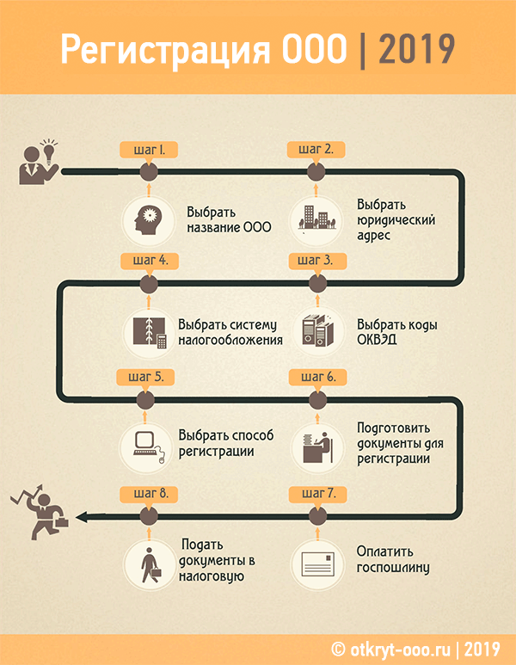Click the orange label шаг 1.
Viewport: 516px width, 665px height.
point(149,150)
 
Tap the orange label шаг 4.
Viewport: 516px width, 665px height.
point(150,261)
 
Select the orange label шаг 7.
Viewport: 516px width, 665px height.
point(318,494)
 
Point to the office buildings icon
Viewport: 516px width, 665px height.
point(316,219)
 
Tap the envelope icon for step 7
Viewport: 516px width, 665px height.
point(317,564)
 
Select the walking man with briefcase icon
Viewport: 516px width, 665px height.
point(150,564)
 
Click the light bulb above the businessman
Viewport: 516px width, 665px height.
point(49,151)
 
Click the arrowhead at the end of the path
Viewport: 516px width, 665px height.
point(82,517)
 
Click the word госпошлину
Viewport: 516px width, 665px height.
point(393,568)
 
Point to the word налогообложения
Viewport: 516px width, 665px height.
point(230,340)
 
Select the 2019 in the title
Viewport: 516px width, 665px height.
point(417,50)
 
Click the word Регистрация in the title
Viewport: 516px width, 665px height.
point(165,50)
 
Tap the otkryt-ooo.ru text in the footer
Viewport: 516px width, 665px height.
point(400,650)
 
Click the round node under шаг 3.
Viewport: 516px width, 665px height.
point(317,283)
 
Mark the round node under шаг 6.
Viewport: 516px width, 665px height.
point(317,400)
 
